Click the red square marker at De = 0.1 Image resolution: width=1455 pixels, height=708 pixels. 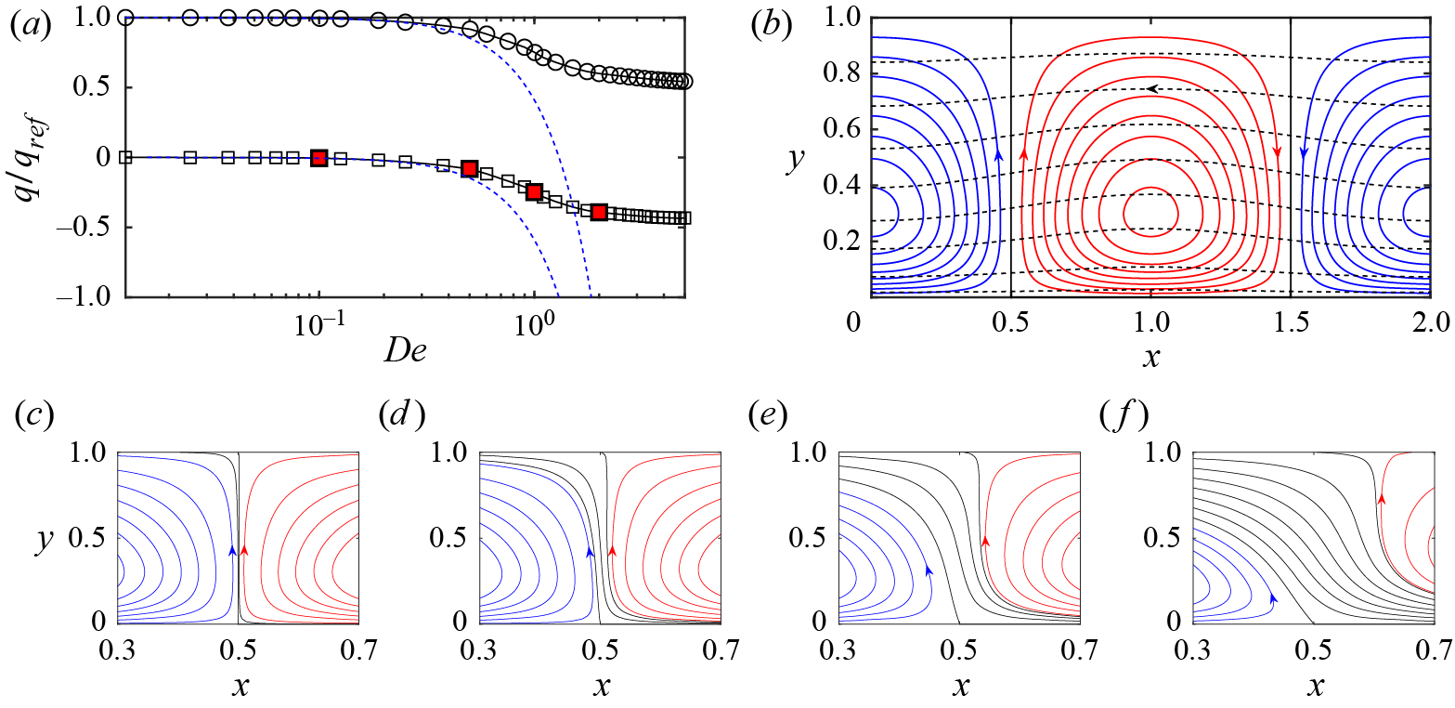point(319,158)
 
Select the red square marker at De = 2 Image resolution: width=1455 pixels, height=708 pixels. point(599,213)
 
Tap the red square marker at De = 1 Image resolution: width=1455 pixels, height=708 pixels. point(534,191)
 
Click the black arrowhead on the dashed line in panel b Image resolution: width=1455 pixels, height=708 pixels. point(1151,88)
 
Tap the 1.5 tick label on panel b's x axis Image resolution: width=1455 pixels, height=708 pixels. point(1290,321)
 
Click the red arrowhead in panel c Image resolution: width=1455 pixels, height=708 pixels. point(244,551)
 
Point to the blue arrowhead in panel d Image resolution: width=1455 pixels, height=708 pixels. point(590,551)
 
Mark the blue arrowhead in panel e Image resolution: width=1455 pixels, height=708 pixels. point(928,568)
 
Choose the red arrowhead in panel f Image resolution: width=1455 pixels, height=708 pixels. point(1381,500)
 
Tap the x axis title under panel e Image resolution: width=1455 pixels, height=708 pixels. point(961,688)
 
